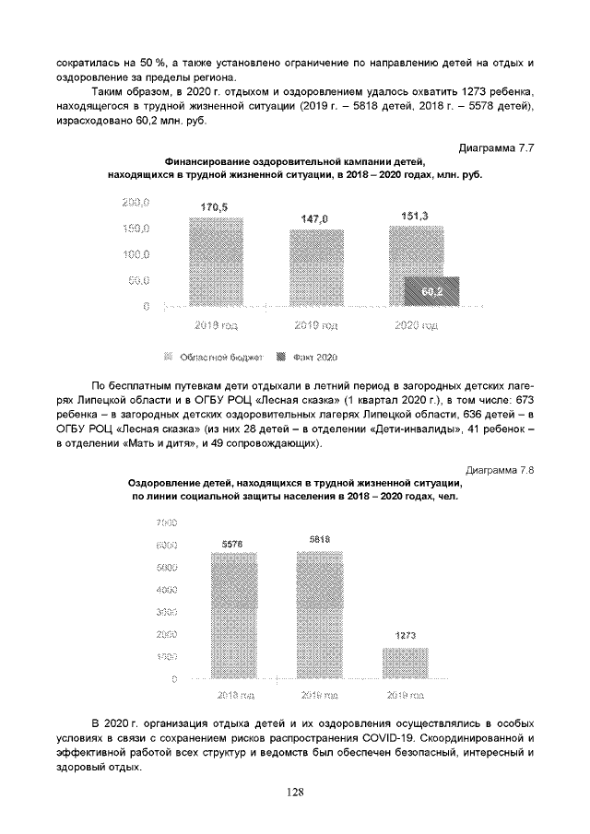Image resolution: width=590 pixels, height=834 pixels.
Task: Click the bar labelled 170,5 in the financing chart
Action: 216,262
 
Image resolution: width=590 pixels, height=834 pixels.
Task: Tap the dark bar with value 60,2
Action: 431,291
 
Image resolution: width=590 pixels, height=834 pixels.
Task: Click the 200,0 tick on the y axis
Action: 136,202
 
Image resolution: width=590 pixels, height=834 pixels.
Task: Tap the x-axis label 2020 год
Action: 416,325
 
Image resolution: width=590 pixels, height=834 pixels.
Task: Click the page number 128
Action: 295,791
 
